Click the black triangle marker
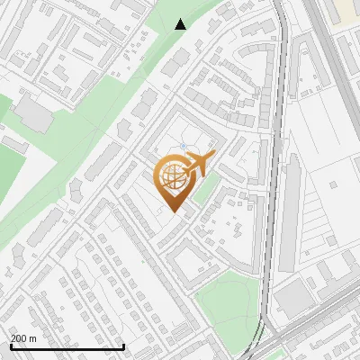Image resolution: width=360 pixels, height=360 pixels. point(181,24)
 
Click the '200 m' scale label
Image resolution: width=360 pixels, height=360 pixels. point(23,338)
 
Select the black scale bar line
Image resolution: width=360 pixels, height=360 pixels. point(67,346)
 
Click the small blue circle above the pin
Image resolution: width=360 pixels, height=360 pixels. point(184,145)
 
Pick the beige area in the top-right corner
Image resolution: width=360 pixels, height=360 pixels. point(347,12)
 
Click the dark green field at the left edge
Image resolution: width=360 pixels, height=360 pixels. point(8,176)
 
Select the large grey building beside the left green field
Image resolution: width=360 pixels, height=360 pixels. point(34,112)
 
